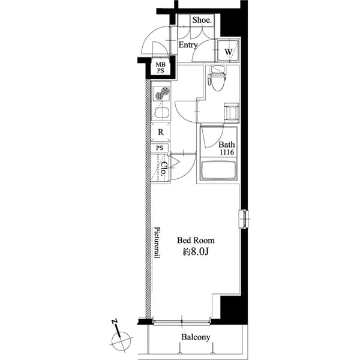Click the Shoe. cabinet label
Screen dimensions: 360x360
(x=202, y=20)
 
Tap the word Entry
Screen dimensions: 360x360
(x=188, y=45)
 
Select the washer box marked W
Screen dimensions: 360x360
(x=228, y=52)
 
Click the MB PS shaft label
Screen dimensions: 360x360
(x=161, y=67)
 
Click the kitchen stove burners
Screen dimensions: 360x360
(x=162, y=93)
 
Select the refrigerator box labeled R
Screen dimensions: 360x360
(x=161, y=132)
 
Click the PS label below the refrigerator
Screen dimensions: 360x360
(x=160, y=148)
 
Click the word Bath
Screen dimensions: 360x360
(x=226, y=145)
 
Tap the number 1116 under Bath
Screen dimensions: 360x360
(x=226, y=153)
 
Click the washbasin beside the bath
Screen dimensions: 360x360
(x=231, y=112)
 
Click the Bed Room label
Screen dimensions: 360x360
(x=195, y=240)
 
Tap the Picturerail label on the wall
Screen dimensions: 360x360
(x=157, y=243)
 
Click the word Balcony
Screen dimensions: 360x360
(x=196, y=337)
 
